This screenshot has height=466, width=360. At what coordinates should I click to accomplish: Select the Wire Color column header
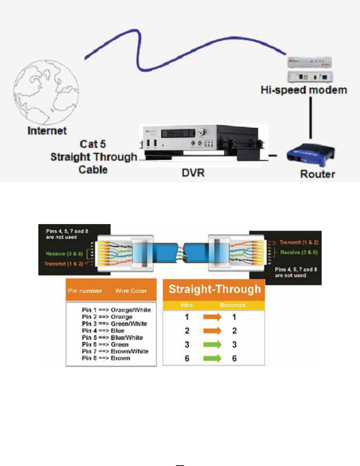[131, 291]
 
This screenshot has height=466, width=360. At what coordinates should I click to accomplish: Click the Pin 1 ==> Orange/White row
[115, 310]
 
